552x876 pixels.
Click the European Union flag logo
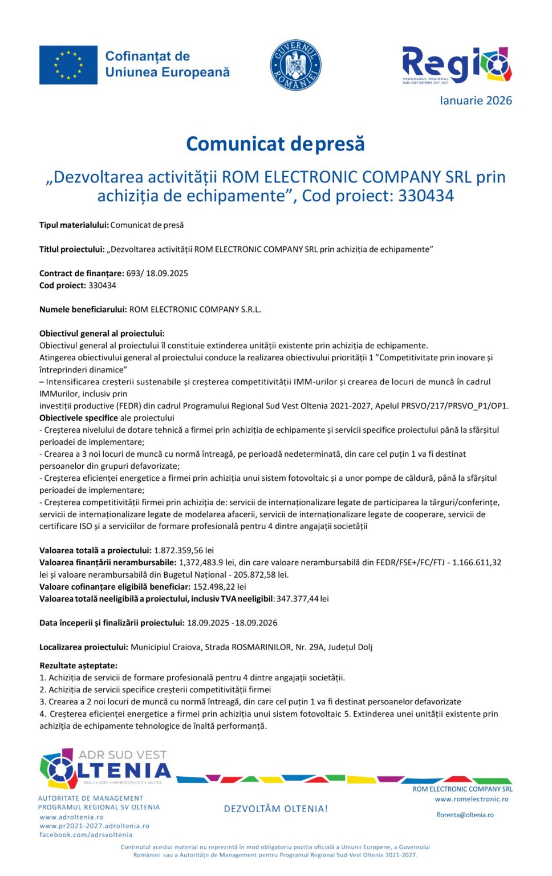tap(68, 65)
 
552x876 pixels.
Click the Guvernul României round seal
tap(295, 65)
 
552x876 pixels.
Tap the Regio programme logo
tap(456, 65)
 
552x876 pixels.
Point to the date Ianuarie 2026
tap(476, 101)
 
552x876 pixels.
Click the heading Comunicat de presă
tap(275, 144)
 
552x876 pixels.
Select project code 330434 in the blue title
tap(426, 196)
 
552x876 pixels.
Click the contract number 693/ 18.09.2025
tap(157, 273)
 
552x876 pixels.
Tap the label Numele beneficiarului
tap(83, 310)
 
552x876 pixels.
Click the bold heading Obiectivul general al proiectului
tap(102, 334)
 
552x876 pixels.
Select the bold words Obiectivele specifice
tap(79, 418)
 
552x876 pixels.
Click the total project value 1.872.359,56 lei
tap(184, 550)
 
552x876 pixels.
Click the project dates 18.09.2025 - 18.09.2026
tap(232, 623)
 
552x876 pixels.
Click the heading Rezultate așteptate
tap(78, 666)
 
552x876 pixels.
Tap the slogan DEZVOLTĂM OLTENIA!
tap(276, 809)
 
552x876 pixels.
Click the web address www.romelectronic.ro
tap(471, 799)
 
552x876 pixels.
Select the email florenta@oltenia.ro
tap(465, 815)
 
